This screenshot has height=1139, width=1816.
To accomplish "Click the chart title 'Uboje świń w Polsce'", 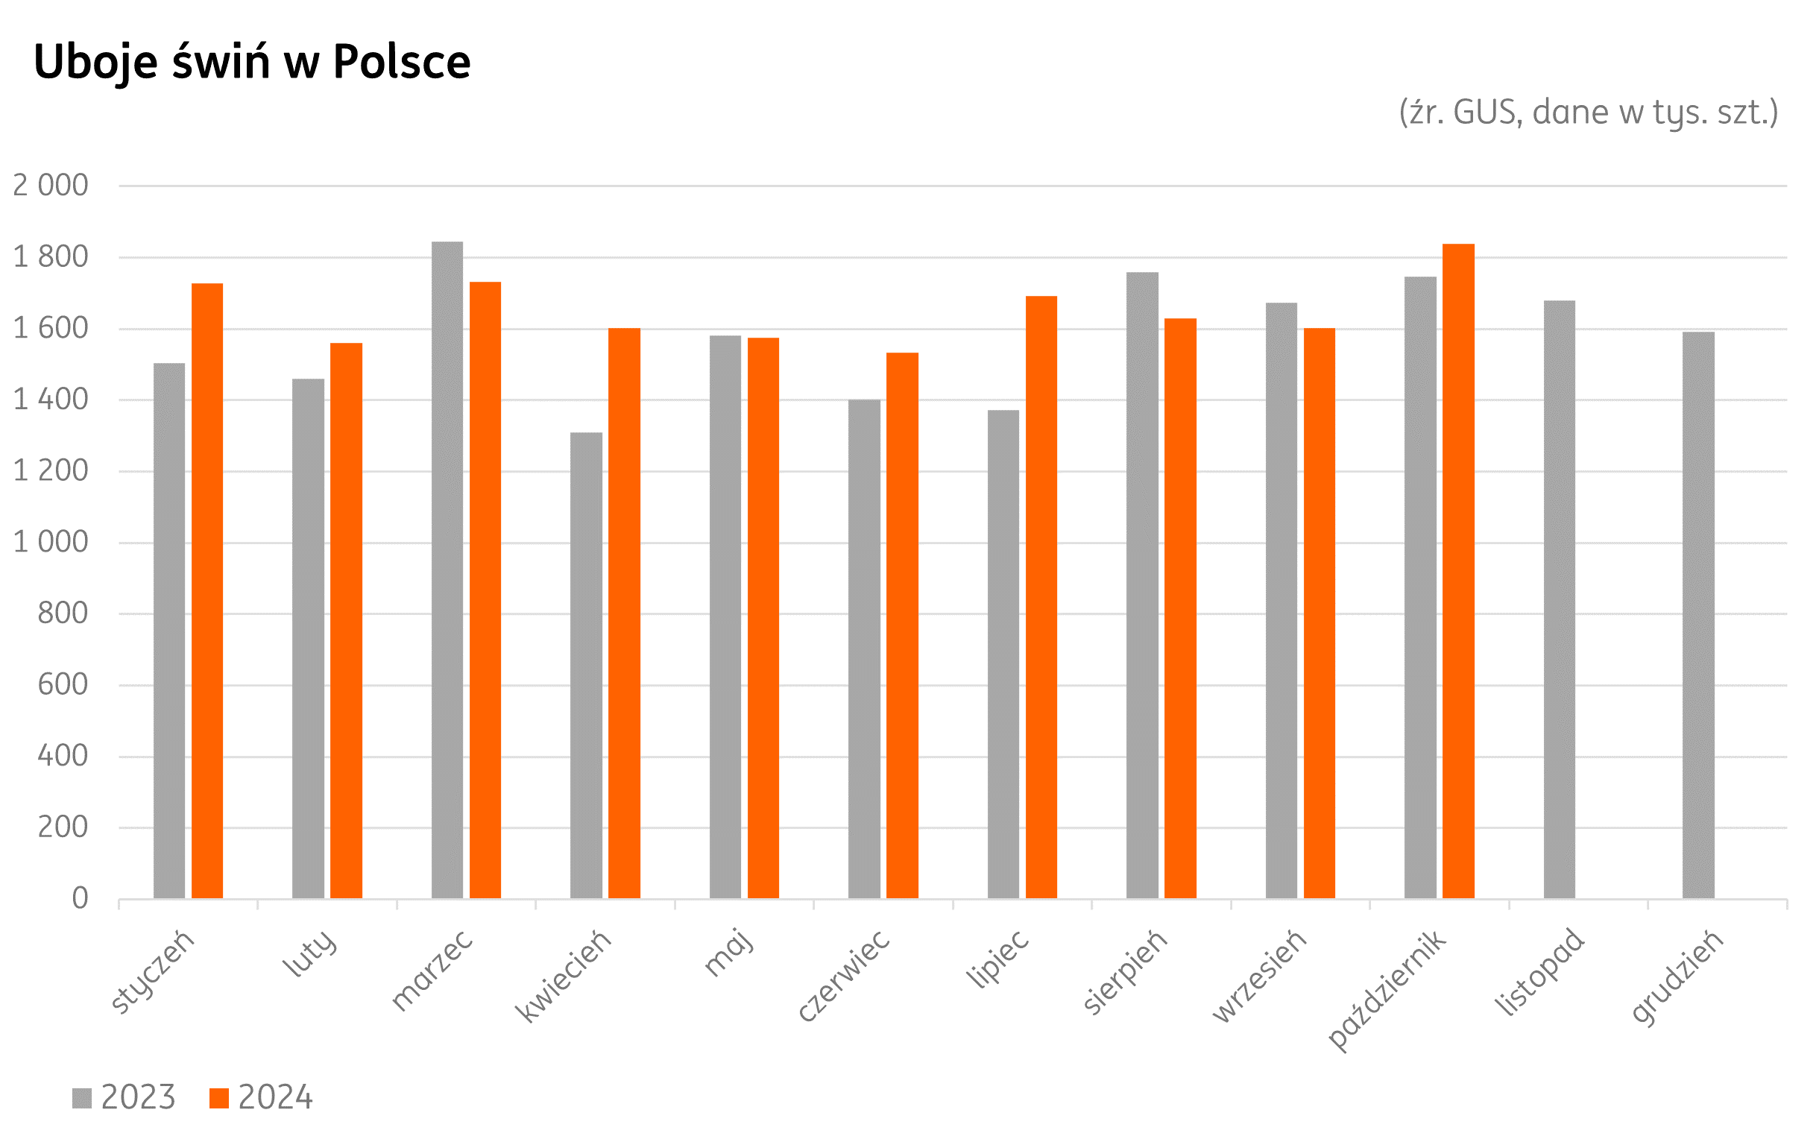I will (x=251, y=62).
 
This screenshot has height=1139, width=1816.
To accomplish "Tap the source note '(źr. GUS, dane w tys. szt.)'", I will (x=1588, y=113).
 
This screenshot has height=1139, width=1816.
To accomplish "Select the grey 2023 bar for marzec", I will (x=447, y=569).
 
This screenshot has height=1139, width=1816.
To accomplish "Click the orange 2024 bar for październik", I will (x=1457, y=571).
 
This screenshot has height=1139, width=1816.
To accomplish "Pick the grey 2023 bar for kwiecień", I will (x=586, y=665).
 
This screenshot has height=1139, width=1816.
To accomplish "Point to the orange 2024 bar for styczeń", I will (x=207, y=590).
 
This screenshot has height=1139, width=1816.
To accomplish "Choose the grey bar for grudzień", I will (x=1697, y=615).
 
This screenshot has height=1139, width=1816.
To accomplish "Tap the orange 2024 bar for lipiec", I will (x=1041, y=596).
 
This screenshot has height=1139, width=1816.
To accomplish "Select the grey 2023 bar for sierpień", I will (x=1142, y=584).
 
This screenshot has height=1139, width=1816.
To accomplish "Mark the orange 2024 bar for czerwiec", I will (x=901, y=625).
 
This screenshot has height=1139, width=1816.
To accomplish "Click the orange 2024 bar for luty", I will (x=346, y=620).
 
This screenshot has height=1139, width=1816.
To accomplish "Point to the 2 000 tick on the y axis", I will (x=51, y=186).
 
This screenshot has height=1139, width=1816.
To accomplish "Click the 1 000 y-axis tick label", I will (x=51, y=543).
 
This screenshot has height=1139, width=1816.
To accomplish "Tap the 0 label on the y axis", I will (x=80, y=899).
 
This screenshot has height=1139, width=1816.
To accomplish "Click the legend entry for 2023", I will (x=124, y=1097).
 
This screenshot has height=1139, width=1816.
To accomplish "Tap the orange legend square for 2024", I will (x=218, y=1098).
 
